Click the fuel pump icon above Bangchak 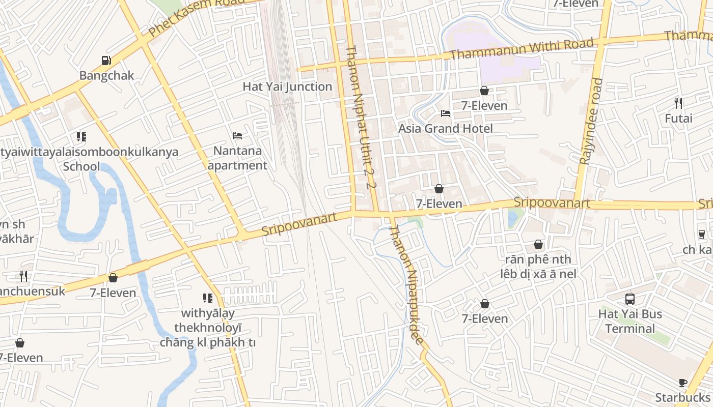pos(106,61)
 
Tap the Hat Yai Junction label pos(287,86)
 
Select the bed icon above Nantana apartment pos(237,136)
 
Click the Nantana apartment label pos(237,158)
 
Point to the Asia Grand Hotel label pos(445,128)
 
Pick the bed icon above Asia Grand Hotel pos(446,113)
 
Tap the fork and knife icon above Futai pos(678,103)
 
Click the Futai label pos(678,119)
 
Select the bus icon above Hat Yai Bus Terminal pos(630,299)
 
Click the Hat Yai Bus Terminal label pos(630,321)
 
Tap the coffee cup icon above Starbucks pos(683,383)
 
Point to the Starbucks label pos(682,397)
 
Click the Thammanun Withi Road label pos(522,49)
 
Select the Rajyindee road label pos(591,121)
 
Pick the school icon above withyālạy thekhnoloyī pos(208,298)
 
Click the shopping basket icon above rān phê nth pos(538,245)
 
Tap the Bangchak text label pos(106,76)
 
